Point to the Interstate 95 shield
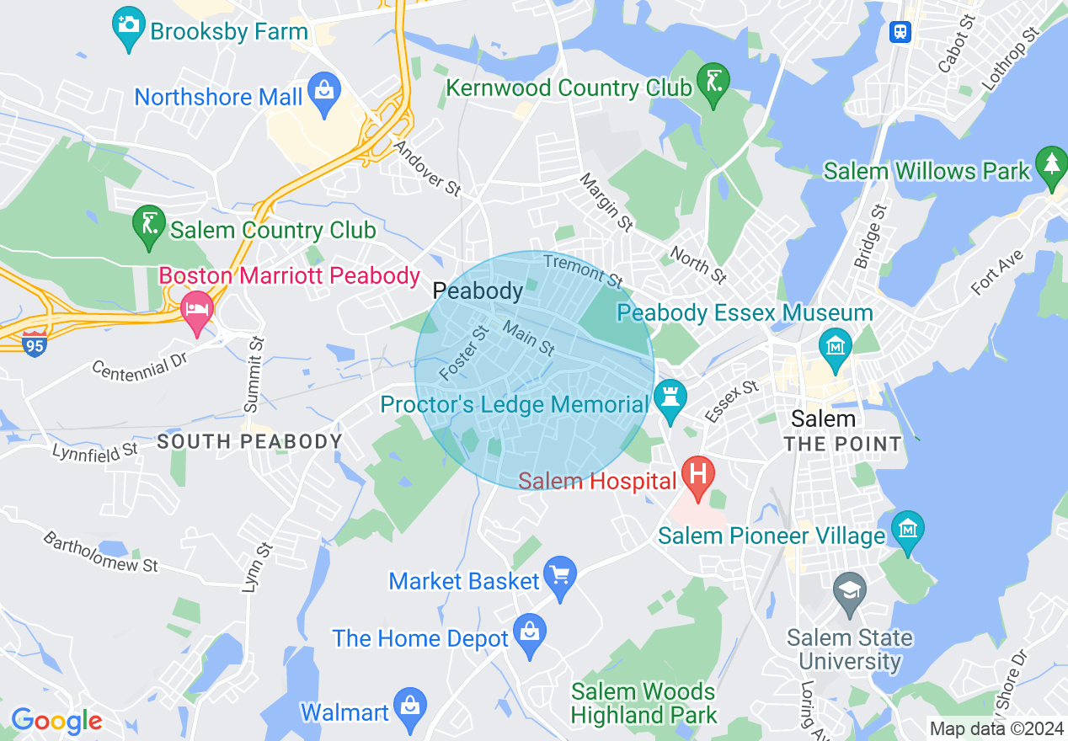pos(35,344)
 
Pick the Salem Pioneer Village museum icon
pos(907,530)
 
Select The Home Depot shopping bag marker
pos(530,633)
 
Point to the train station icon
pos(900,31)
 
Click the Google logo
pos(56,721)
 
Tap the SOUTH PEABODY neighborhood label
pos(249,441)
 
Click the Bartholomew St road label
pos(100,552)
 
